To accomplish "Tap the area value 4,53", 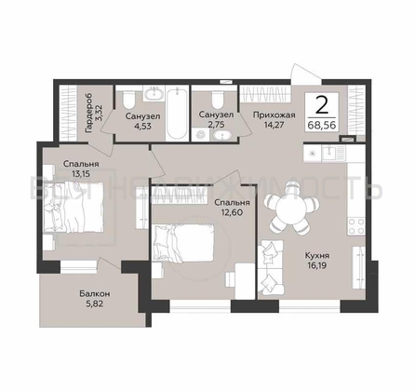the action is click(x=142, y=126).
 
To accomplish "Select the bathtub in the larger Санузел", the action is click(x=177, y=114).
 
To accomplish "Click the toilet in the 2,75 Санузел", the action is click(x=218, y=100).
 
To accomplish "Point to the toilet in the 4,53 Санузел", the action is click(x=128, y=100).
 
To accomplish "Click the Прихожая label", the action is click(x=274, y=115).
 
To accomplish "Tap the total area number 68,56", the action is click(x=322, y=126).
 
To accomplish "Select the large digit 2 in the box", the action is click(x=322, y=105).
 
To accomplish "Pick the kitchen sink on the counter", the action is click(x=329, y=154).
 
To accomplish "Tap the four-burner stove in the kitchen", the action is click(x=356, y=226).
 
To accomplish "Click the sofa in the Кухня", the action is click(x=271, y=267).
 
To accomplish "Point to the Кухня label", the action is click(x=316, y=256).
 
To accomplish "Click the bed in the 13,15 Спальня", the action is click(x=74, y=207).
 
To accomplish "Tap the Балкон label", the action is click(x=94, y=293).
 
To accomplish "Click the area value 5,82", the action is click(x=94, y=304).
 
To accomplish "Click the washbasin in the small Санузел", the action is click(x=221, y=136).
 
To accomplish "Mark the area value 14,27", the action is click(x=274, y=125).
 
